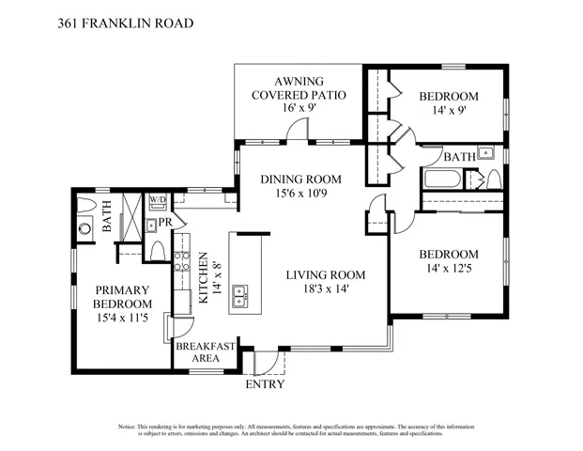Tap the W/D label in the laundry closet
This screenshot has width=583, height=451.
click(x=158, y=200)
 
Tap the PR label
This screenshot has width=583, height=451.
click(x=163, y=223)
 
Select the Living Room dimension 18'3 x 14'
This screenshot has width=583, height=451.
click(x=325, y=290)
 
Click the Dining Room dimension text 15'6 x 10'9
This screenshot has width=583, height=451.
click(x=300, y=194)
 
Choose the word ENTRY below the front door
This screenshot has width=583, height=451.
click(x=265, y=384)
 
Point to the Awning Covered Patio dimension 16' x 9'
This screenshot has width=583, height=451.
click(x=299, y=108)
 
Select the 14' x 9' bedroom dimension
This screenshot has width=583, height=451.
click(x=448, y=111)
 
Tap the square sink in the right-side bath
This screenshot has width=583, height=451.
click(x=486, y=152)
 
